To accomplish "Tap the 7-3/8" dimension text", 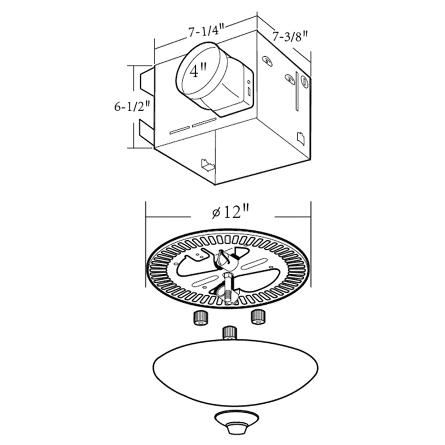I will (290, 37).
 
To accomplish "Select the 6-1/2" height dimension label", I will (132, 106).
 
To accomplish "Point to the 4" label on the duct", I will (197, 72).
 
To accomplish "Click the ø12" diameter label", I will (230, 212).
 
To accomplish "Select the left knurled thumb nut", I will (200, 318).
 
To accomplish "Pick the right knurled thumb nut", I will (258, 317).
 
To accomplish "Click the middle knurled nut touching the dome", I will (229, 333).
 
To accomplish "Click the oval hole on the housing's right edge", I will (304, 82).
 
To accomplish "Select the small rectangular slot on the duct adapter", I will (248, 88).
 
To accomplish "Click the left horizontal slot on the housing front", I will (179, 130).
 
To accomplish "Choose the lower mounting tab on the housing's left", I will (146, 133).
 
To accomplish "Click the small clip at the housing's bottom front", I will (207, 165).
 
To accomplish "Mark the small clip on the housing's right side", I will (300, 137).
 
